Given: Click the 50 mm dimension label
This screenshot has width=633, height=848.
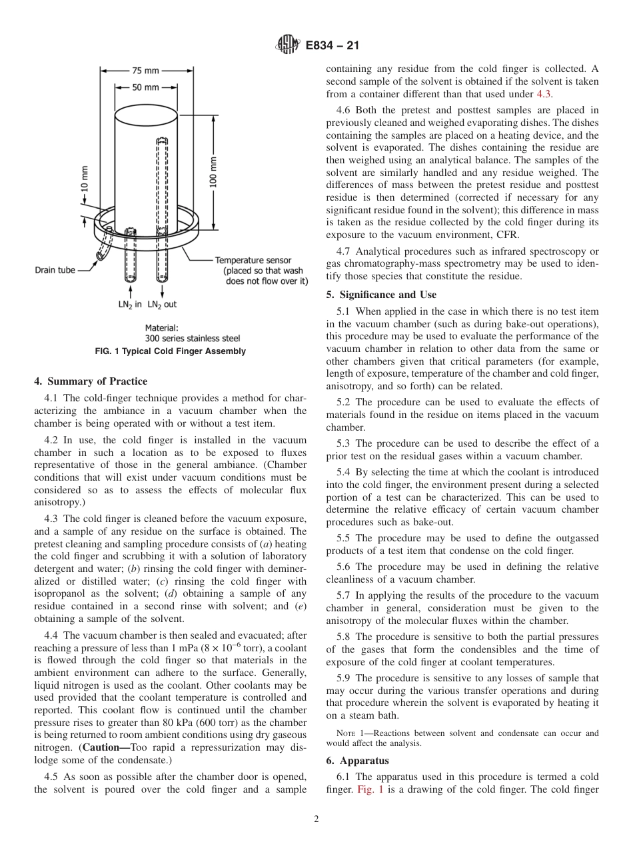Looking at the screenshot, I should click(x=145, y=87).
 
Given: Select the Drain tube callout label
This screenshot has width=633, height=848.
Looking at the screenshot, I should click(x=55, y=270).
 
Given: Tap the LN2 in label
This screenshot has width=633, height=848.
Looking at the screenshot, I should click(x=129, y=304).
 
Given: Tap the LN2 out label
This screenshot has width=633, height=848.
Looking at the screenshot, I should click(x=162, y=304).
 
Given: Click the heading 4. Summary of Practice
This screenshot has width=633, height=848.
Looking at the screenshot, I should click(x=91, y=381).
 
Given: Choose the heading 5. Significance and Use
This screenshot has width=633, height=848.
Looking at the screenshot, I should click(x=381, y=295).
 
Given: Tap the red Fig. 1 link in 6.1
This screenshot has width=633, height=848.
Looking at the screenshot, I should click(x=370, y=789).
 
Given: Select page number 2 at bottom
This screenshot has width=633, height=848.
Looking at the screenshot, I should click(x=316, y=819).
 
